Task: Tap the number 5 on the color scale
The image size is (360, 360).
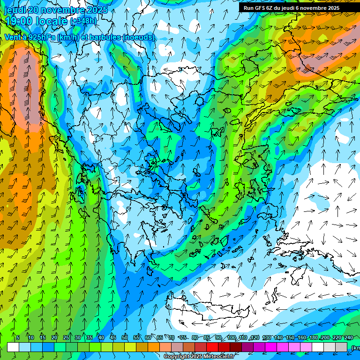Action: click(x=18, y=337)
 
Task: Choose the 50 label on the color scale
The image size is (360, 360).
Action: click(x=124, y=337)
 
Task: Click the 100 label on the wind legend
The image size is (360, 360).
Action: click(x=232, y=337)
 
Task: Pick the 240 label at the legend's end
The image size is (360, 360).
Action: click(x=349, y=337)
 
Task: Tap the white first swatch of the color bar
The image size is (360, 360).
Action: click(x=13, y=347)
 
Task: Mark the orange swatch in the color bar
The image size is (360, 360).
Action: click(x=154, y=347)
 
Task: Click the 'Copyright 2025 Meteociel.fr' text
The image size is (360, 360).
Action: click(x=199, y=357)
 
